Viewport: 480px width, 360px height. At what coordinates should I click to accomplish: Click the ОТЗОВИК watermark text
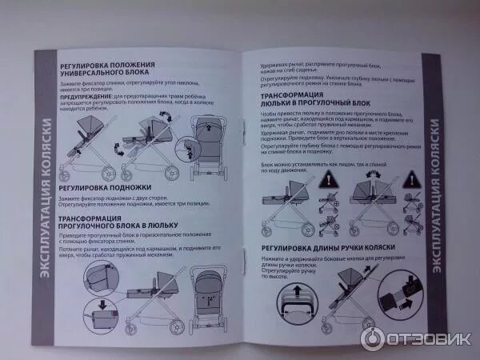(x=424, y=338)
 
